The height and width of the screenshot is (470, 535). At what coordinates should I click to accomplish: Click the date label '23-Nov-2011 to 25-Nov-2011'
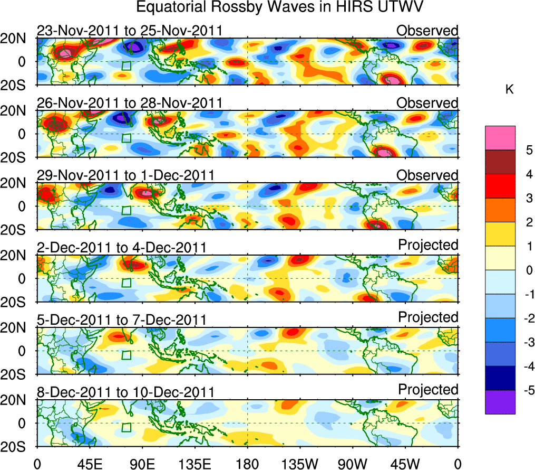click(x=130, y=31)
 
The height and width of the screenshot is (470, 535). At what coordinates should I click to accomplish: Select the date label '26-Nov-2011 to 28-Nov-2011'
click(x=130, y=102)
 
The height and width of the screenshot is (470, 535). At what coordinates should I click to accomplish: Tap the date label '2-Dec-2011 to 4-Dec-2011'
click(x=121, y=247)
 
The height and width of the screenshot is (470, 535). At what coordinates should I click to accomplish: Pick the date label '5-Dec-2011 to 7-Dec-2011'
click(x=121, y=319)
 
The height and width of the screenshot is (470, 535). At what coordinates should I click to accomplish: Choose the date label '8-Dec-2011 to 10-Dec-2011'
click(x=125, y=392)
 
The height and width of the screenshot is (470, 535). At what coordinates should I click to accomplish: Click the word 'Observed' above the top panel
click(x=427, y=31)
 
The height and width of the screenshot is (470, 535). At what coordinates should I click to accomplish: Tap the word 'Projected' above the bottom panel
click(x=428, y=389)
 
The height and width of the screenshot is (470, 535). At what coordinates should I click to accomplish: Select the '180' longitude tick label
click(x=247, y=463)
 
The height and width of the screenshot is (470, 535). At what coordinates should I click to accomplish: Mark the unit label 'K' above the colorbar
click(x=509, y=90)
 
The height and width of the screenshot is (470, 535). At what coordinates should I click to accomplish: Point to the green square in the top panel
click(x=127, y=65)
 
